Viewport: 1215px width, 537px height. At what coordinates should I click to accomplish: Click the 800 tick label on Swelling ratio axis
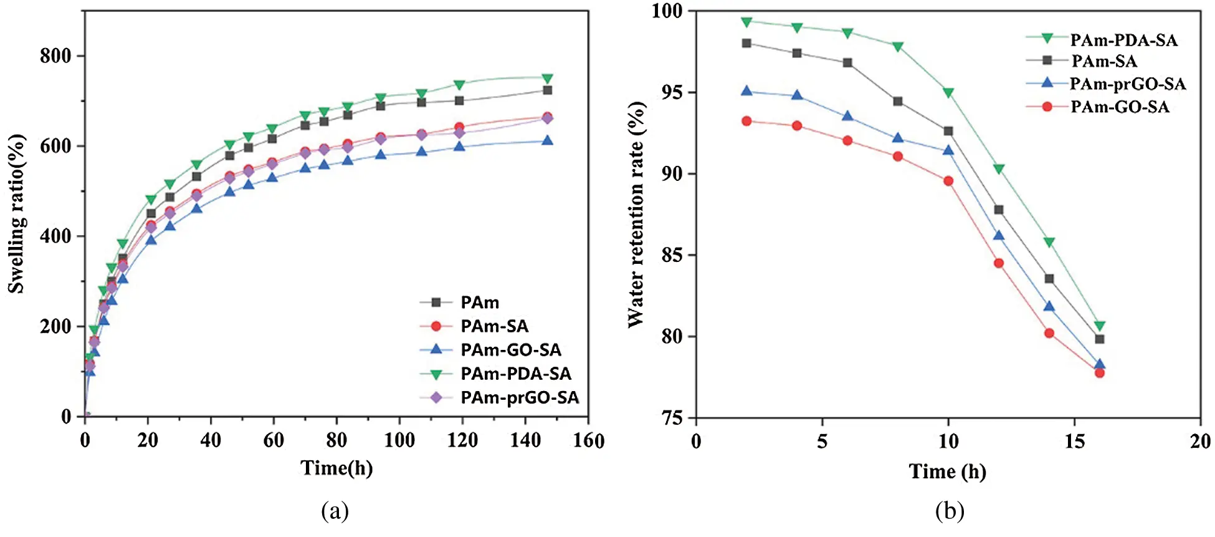[x=55, y=56]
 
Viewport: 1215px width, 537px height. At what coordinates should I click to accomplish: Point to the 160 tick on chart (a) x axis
[x=588, y=441]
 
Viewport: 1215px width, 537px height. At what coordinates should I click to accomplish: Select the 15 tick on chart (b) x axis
[x=1074, y=442]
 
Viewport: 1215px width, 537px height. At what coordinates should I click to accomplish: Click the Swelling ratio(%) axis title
[x=16, y=213]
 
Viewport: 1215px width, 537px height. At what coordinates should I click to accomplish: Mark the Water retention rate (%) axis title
[x=636, y=214]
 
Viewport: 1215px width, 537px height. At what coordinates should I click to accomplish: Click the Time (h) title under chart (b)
[x=947, y=472]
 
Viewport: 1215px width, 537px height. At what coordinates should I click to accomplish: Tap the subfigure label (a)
[x=335, y=511]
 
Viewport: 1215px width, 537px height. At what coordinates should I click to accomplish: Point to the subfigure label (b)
[x=949, y=511]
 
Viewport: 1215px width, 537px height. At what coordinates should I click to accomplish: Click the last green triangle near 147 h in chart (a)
[x=547, y=79]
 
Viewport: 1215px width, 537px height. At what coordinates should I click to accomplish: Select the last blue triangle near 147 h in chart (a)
[x=547, y=140]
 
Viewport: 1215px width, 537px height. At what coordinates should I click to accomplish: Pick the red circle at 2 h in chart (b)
[x=746, y=121]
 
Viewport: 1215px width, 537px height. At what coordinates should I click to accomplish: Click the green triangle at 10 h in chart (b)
[x=948, y=93]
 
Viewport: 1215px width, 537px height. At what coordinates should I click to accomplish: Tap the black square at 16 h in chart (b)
[x=1100, y=339]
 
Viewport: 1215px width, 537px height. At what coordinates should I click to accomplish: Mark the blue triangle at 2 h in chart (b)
[x=746, y=91]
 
